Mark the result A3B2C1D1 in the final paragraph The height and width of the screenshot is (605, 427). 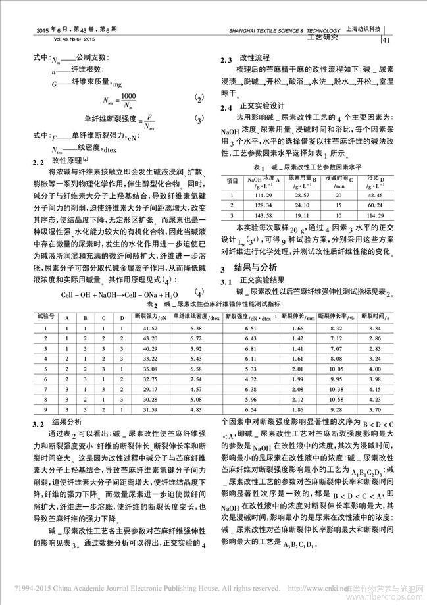299,546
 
